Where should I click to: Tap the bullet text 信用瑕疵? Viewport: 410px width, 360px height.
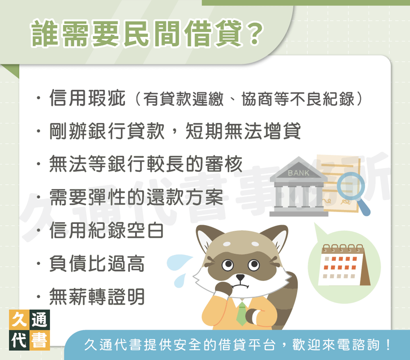pyautogui.click(x=87, y=99)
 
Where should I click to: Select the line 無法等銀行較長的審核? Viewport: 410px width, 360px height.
pyautogui.click(x=146, y=164)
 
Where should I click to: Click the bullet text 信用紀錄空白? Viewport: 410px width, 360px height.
pyautogui.click(x=106, y=230)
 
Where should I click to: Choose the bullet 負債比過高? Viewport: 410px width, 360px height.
pyautogui.click(x=97, y=264)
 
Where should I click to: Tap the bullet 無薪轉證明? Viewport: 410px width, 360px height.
pyautogui.click(x=97, y=296)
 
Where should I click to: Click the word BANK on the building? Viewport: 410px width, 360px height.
pyautogui.click(x=299, y=173)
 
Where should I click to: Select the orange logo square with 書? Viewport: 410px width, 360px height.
pyautogui.click(x=40, y=340)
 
